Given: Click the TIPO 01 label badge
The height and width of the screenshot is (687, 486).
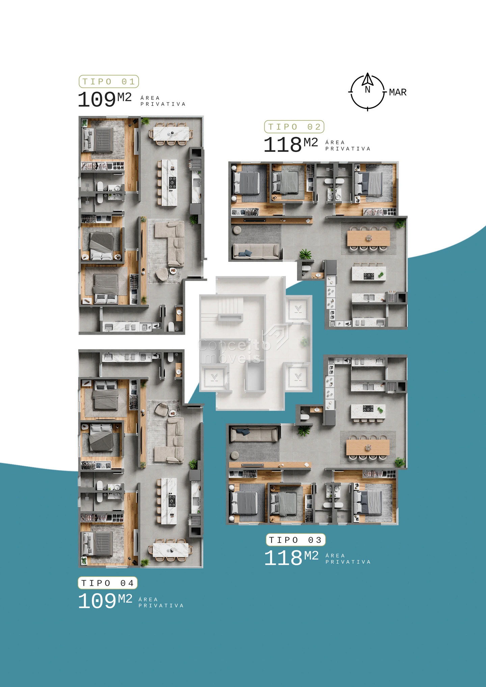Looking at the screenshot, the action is click(x=109, y=81).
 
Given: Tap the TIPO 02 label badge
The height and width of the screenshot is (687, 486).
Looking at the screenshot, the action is click(x=294, y=127).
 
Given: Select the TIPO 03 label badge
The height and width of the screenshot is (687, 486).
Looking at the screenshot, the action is click(x=296, y=540).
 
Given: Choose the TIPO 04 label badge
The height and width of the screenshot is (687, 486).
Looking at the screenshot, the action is click(x=108, y=583).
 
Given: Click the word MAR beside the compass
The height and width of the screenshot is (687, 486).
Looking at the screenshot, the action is click(x=398, y=92).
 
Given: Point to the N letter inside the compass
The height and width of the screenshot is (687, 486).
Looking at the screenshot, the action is click(x=368, y=89).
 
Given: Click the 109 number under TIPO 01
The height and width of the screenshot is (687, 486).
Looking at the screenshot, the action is click(x=97, y=100).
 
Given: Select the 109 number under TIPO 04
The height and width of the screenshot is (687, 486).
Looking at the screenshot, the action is click(x=97, y=601).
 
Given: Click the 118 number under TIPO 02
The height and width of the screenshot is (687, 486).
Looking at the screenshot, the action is click(x=282, y=144).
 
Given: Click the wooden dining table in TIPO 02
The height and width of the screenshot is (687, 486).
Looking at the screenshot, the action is click(x=369, y=238).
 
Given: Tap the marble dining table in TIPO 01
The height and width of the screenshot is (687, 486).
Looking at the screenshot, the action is click(x=171, y=134).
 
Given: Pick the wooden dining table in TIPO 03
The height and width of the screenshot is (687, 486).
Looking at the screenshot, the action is click(x=368, y=447).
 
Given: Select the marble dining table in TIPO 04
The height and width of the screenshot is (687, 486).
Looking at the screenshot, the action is click(x=170, y=550).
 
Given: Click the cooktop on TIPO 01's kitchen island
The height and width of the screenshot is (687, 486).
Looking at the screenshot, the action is click(x=172, y=183).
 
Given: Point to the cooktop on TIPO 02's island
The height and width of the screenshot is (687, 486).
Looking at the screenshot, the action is click(x=369, y=276).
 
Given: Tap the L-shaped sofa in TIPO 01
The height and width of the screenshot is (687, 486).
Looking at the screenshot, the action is click(x=170, y=243).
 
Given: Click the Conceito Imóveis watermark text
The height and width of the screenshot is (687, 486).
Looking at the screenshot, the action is click(x=234, y=351).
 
